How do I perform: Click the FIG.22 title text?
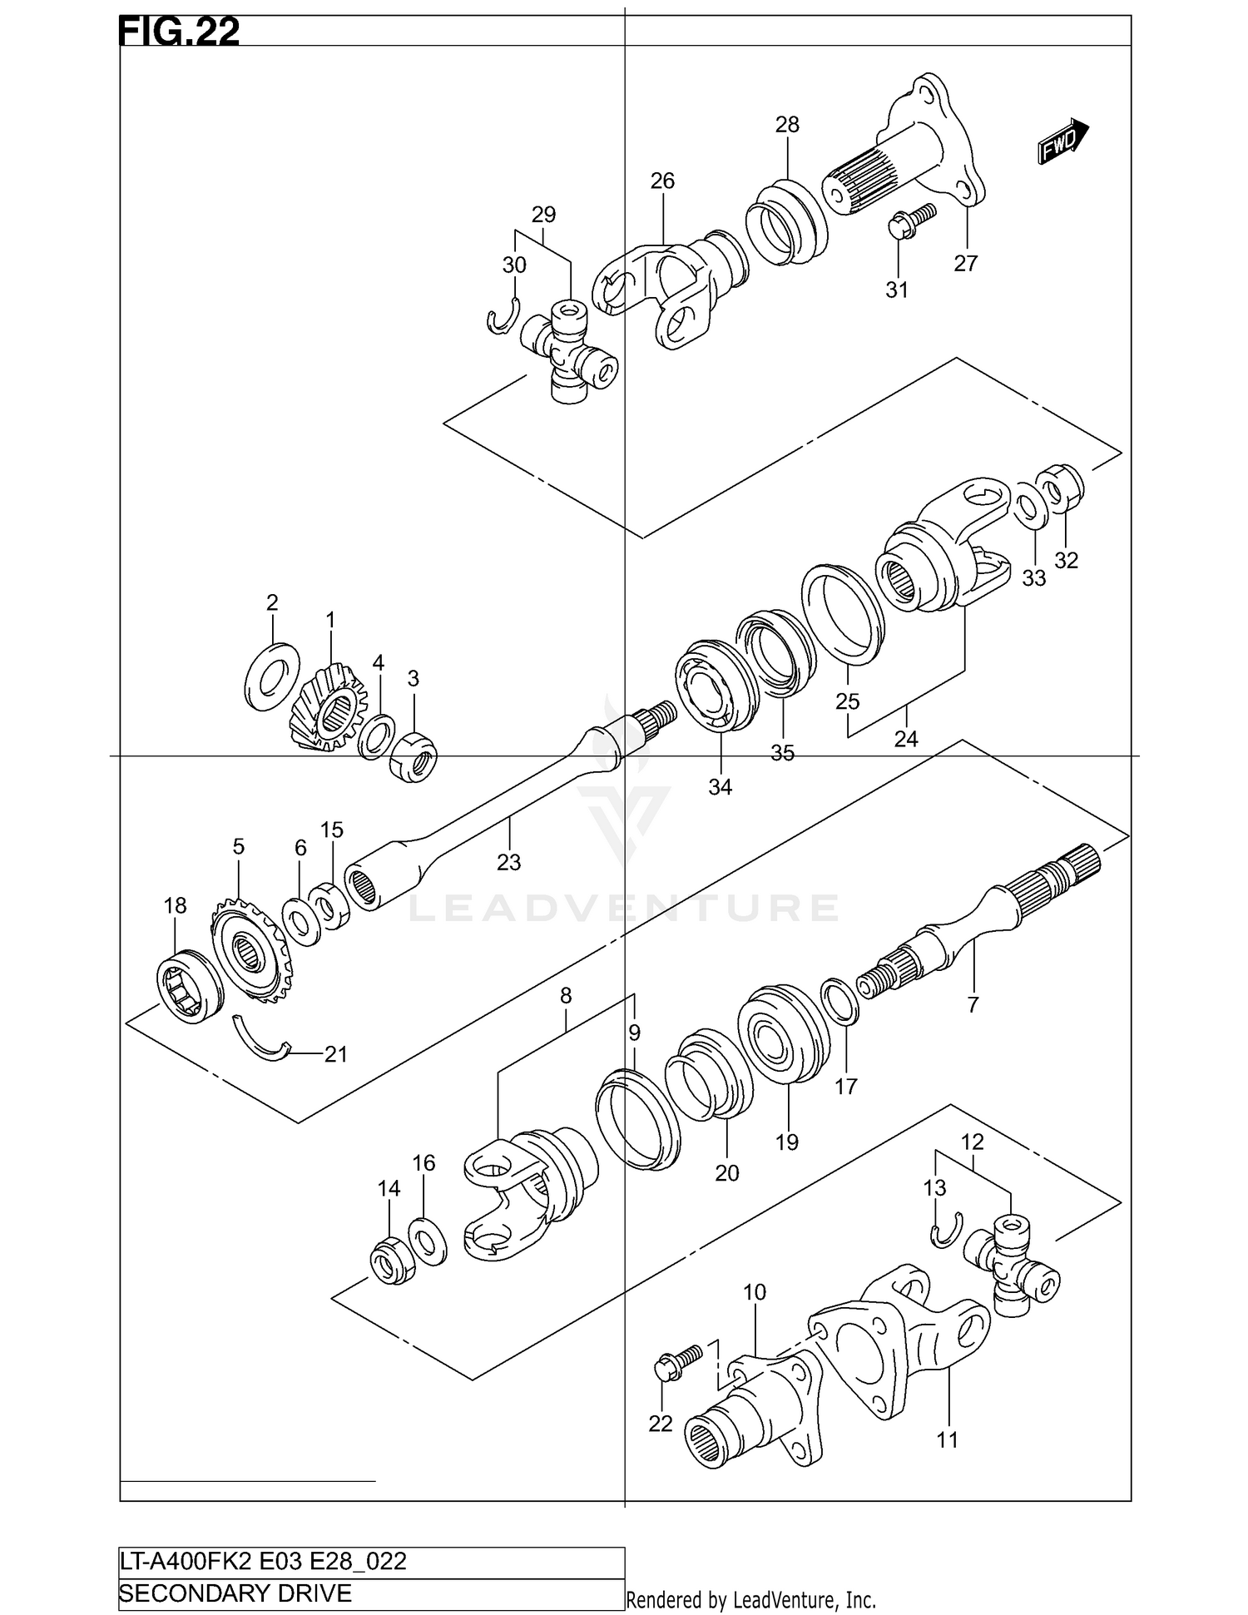click(179, 32)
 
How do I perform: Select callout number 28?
click(786, 125)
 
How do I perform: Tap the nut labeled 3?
click(414, 757)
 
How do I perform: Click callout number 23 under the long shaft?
click(508, 862)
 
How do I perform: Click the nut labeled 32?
click(1060, 487)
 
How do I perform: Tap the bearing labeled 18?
click(190, 986)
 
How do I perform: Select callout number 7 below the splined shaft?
click(973, 1004)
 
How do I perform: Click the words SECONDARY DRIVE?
click(235, 1593)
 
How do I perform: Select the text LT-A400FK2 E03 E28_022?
click(263, 1560)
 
